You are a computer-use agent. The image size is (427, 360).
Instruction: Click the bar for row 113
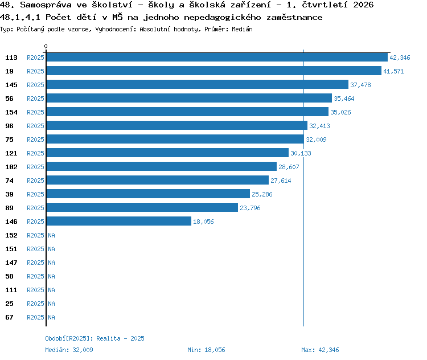click(217, 57)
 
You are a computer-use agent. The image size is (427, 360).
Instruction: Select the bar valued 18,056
click(119, 221)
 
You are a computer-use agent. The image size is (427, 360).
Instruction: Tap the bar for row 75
click(175, 139)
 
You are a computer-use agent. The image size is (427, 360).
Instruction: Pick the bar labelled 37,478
click(198, 84)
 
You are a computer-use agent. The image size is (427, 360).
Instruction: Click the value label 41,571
click(393, 71)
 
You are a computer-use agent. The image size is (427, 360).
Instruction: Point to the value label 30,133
click(301, 153)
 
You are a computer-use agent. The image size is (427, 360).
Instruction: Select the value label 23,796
click(250, 208)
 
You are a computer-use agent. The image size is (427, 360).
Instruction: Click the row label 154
click(11, 112)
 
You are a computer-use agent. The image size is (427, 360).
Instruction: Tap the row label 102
click(11, 167)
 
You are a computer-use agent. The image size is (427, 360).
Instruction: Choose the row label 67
click(9, 317)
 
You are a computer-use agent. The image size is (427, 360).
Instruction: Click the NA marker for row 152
click(51, 235)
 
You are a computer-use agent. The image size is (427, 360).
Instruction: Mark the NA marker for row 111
click(51, 290)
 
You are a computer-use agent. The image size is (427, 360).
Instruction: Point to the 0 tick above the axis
click(46, 46)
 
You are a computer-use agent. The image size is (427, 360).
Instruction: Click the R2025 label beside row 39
click(35, 194)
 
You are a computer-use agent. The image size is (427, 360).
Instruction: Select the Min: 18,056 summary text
click(206, 350)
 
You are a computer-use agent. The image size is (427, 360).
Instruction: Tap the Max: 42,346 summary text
click(320, 350)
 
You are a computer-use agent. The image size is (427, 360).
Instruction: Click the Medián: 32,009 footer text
click(69, 350)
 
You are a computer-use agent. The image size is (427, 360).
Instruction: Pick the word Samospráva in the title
click(46, 5)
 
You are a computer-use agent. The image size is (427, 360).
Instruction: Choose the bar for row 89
click(142, 207)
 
